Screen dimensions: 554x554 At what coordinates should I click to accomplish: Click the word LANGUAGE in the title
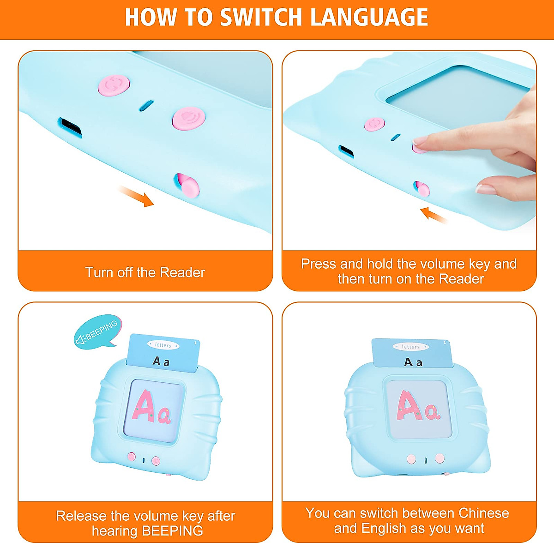click(x=369, y=17)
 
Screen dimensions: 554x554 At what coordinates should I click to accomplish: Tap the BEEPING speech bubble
click(x=98, y=331)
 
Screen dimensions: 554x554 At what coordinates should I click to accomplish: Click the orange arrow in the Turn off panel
click(x=136, y=196)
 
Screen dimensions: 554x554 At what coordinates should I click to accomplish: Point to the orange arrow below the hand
click(x=434, y=215)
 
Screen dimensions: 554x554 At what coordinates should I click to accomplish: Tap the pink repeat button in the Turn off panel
click(x=114, y=84)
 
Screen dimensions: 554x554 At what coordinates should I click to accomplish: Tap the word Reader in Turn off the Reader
click(x=182, y=272)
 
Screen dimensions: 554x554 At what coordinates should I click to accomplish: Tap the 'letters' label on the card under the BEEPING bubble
click(x=163, y=345)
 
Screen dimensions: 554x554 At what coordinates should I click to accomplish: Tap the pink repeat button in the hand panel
click(x=374, y=124)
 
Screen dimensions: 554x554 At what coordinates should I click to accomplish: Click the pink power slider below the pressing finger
click(x=422, y=189)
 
